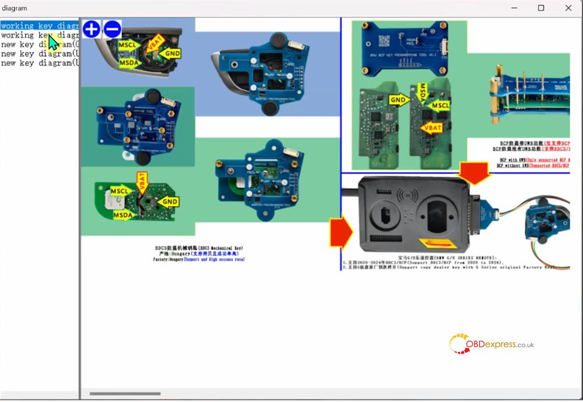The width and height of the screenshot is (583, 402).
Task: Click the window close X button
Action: point(568,8)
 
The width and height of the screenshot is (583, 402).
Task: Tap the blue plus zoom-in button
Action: point(92,29)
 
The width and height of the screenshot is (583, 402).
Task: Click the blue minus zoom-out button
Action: point(112,29)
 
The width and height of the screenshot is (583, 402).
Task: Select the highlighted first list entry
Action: point(40,26)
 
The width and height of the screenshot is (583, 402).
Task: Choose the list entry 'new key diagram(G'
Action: point(40,44)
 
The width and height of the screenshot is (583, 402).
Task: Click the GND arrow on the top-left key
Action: point(171,54)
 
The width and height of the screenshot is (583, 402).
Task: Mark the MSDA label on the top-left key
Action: point(130,62)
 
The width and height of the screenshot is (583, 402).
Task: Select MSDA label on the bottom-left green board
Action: point(124,216)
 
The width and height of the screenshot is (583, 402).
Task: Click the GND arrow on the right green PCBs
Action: point(399,100)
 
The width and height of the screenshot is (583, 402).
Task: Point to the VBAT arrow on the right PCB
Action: point(431,128)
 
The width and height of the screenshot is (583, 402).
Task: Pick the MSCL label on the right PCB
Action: point(440,105)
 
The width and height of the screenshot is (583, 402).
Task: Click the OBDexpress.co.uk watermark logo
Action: point(491,344)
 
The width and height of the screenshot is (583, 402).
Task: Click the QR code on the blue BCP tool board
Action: point(385,41)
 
